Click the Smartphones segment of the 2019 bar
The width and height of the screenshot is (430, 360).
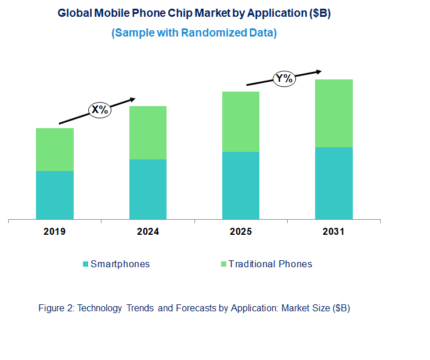pos(55,195)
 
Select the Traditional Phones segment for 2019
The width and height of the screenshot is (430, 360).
pos(55,150)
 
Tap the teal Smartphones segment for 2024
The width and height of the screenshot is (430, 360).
pos(147,189)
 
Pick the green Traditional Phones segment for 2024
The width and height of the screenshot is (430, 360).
pos(147,133)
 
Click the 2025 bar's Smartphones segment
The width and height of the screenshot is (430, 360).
pos(241,186)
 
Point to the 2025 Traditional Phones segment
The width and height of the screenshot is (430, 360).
pos(241,122)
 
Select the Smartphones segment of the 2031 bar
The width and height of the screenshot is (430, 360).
pos(334,183)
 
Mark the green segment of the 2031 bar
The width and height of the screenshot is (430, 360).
pos(334,113)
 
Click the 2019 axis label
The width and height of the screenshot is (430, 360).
pos(55,232)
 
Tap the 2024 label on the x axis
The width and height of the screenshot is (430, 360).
pos(147,232)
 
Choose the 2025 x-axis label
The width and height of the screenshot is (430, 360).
pos(241,232)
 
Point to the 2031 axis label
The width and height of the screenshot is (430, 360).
pos(334,232)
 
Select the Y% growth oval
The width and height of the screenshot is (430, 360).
pos(284,78)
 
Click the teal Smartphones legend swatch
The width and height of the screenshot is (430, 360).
pos(86,264)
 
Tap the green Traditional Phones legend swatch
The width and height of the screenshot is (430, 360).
pos(222,264)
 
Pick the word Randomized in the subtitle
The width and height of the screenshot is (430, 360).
pos(212,33)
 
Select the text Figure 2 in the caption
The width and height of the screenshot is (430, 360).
pos(55,308)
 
